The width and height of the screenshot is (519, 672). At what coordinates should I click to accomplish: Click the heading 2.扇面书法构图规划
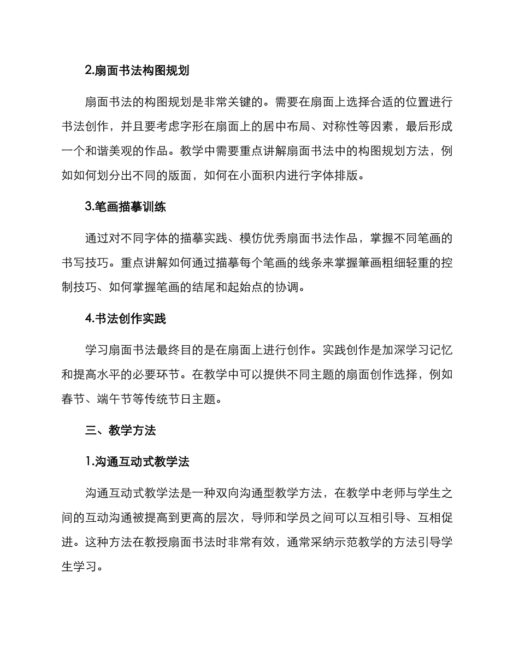tap(137, 71)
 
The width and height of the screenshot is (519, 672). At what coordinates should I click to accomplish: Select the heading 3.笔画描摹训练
tap(126, 207)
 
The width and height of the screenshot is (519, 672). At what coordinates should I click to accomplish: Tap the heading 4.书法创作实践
tap(126, 319)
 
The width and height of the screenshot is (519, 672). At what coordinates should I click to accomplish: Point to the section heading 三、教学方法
tap(120, 431)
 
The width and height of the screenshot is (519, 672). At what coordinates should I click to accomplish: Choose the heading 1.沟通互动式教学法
tap(137, 462)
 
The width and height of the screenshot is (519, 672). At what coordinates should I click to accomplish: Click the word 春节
tap(73, 399)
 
